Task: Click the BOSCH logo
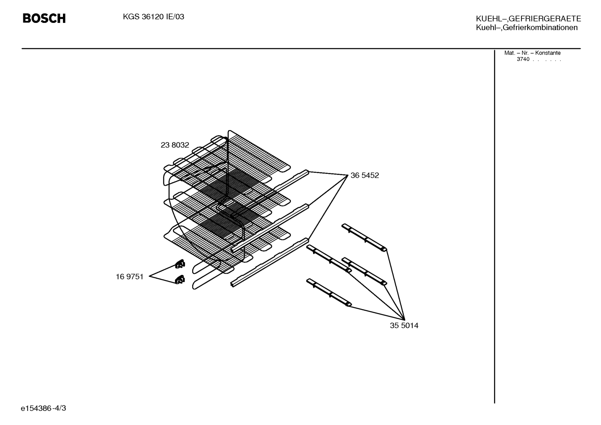[44, 18]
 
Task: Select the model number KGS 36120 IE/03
[153, 17]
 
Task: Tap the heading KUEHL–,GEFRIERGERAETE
[528, 18]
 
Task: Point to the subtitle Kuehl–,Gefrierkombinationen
[527, 28]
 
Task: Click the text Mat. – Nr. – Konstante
[532, 53]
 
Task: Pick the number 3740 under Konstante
[523, 59]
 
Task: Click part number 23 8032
[175, 145]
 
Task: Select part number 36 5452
[365, 175]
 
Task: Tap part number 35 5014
[404, 325]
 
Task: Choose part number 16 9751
[130, 277]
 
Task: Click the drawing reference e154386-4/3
[43, 408]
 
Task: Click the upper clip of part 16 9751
[180, 264]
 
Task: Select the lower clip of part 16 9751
[180, 279]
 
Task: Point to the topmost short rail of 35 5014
[364, 237]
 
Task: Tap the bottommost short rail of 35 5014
[329, 292]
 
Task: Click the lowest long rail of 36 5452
[270, 263]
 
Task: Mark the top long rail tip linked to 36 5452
[308, 171]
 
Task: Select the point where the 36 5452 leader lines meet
[348, 175]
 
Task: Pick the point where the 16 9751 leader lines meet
[149, 276]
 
